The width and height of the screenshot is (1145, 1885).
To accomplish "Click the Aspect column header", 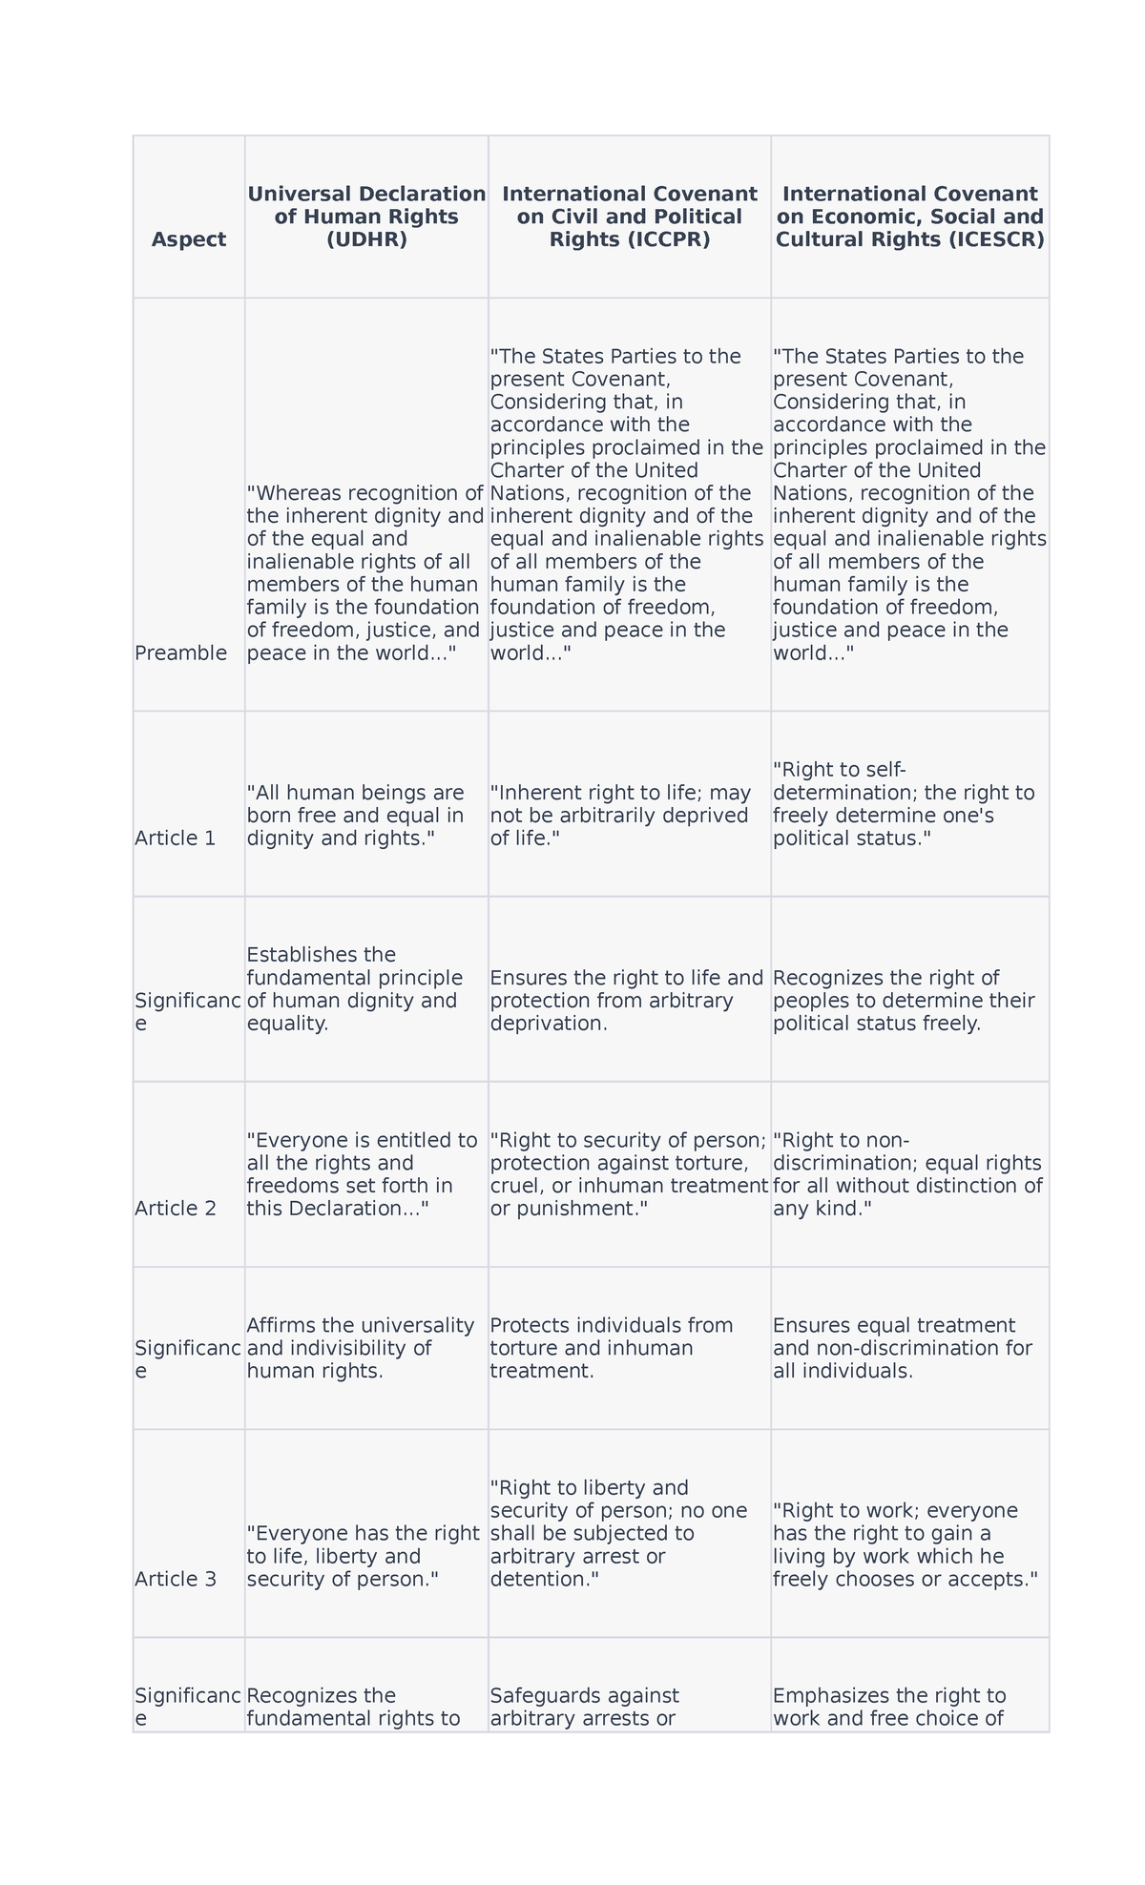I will click(189, 239).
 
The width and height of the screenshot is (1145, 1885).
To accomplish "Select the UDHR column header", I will click(366, 217).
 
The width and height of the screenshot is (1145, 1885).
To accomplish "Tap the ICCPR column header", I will click(630, 217).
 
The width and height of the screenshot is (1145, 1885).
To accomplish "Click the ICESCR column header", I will click(909, 217).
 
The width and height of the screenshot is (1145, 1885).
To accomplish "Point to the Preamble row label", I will click(181, 652).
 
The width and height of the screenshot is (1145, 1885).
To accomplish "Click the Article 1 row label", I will click(176, 838).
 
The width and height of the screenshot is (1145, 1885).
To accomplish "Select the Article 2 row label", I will click(176, 1209).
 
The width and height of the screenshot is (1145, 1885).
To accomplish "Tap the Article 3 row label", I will click(176, 1579).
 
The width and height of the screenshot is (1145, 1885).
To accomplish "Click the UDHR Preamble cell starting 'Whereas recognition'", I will click(365, 572).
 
